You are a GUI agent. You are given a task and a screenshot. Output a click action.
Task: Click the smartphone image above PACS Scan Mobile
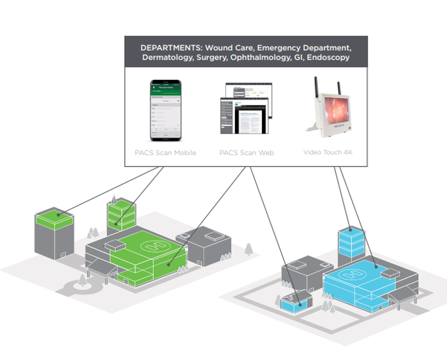point(165,110)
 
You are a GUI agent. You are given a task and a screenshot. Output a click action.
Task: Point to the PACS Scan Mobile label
point(165,152)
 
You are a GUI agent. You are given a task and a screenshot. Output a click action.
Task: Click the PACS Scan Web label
point(246,152)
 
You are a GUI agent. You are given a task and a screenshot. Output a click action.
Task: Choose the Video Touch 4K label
point(328,152)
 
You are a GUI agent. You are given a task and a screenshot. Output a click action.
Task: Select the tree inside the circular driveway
point(82,280)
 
